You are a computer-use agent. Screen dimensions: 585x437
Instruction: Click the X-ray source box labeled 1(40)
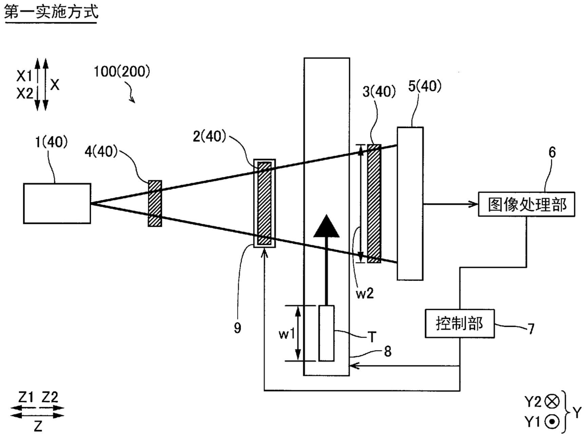coord(57,203)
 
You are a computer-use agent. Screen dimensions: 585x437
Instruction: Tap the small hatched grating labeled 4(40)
coord(155,203)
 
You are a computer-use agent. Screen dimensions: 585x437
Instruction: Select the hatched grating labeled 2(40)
coord(265,203)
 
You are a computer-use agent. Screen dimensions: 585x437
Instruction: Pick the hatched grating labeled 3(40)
coord(374,203)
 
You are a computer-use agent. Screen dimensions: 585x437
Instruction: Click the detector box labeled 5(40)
coord(410,203)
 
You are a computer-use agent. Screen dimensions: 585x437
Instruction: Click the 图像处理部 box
coord(527,204)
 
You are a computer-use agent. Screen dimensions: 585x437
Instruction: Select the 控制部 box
coord(460,323)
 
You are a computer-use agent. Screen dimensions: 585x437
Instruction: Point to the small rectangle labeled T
coord(326,333)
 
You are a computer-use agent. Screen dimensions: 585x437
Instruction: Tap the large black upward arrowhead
coord(326,226)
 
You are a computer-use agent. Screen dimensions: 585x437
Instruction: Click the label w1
coord(287,334)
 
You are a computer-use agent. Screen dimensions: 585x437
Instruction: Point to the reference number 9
coord(238,328)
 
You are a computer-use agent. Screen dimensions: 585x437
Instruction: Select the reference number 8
coord(388,352)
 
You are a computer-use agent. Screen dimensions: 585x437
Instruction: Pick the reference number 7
coord(531,329)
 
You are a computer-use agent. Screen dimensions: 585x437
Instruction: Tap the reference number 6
coord(552,153)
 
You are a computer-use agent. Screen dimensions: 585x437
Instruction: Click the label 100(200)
coord(122,72)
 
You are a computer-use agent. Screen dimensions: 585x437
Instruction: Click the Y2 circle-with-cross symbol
coord(552,402)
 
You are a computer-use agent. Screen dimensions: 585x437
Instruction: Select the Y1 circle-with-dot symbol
coord(552,422)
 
